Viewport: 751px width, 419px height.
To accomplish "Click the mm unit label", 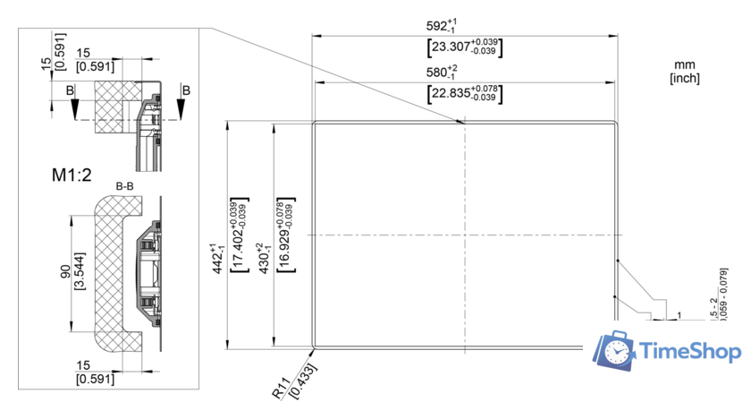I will click(685, 64).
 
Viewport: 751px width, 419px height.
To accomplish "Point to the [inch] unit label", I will click(685, 78).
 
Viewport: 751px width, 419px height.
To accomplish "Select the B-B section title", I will click(125, 186).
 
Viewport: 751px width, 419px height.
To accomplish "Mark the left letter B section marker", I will click(70, 90).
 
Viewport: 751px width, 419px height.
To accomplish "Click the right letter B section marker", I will click(185, 90).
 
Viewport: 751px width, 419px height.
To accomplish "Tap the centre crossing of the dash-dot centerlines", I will click(464, 235).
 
